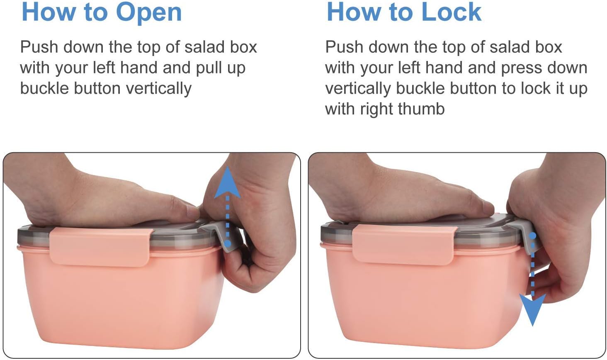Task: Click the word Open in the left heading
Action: click(149, 12)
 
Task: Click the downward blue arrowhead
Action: click(533, 309)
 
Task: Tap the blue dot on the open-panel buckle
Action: click(228, 243)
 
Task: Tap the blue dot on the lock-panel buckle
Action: click(533, 236)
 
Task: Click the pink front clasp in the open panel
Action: click(100, 246)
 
